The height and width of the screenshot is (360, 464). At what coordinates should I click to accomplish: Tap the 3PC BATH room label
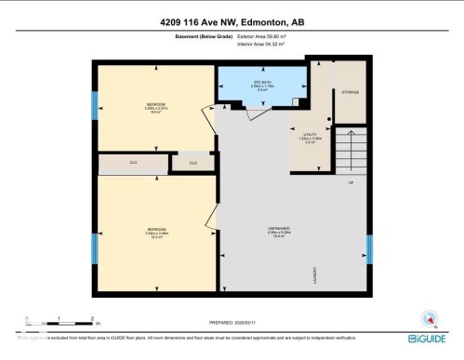[x=261, y=83]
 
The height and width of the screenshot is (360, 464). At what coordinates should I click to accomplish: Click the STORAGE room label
[x=349, y=92]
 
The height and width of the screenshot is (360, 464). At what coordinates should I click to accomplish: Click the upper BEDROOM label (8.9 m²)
[x=156, y=104]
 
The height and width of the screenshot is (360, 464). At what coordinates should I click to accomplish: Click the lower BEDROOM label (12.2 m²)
[x=156, y=229]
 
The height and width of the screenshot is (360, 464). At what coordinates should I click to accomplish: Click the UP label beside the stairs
[x=351, y=182]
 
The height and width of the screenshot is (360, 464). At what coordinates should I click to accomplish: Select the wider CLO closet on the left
[x=134, y=164]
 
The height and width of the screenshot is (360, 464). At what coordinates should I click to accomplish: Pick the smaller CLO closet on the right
[x=193, y=164]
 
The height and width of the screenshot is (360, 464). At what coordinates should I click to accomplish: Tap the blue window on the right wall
[x=369, y=248]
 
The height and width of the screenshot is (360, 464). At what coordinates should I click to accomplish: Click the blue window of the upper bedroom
[x=94, y=105]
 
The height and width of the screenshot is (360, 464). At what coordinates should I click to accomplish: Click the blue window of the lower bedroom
[x=94, y=248]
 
